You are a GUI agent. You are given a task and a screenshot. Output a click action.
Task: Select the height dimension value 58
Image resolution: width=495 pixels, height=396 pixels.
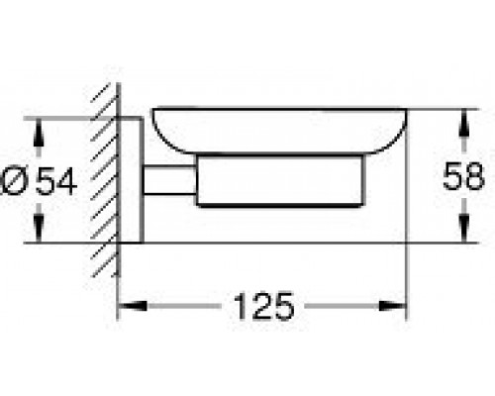[463, 178]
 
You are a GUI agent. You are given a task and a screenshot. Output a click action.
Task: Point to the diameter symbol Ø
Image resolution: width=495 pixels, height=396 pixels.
[24, 182]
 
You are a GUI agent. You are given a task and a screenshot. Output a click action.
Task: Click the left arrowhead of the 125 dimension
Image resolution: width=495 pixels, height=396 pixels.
[126, 307]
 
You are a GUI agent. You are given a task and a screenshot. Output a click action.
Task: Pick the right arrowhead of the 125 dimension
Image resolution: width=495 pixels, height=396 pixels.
[402, 307]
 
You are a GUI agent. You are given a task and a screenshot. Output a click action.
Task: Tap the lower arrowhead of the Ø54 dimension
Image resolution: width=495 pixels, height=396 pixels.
[40, 234]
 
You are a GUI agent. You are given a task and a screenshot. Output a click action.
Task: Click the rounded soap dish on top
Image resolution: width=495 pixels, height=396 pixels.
[278, 131]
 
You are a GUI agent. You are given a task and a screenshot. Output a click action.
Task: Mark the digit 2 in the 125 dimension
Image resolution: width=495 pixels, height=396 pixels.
[263, 308]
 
